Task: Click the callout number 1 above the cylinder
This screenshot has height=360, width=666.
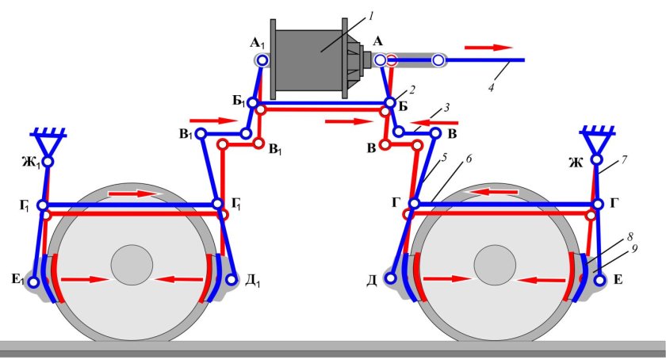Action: (371, 17)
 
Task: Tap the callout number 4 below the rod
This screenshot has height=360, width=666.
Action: (491, 88)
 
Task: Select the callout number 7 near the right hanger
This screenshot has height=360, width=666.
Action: (624, 160)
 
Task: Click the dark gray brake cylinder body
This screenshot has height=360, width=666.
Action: (309, 59)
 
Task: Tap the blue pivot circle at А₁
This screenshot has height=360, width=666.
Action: (262, 60)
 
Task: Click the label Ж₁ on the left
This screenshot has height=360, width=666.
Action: (31, 163)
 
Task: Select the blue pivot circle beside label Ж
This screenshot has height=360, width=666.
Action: (597, 159)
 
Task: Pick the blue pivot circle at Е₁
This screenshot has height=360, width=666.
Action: (33, 281)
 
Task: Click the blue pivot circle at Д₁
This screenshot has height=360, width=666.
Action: (232, 280)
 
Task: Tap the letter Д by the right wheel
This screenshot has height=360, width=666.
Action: (372, 281)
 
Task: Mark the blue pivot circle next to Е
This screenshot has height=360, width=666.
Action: (600, 281)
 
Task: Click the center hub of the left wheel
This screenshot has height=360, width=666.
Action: (132, 265)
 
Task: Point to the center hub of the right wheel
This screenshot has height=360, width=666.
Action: (495, 265)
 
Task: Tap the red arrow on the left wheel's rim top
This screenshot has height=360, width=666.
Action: (133, 193)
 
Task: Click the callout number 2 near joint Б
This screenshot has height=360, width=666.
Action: (412, 90)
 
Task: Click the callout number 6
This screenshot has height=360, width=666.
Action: (469, 159)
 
